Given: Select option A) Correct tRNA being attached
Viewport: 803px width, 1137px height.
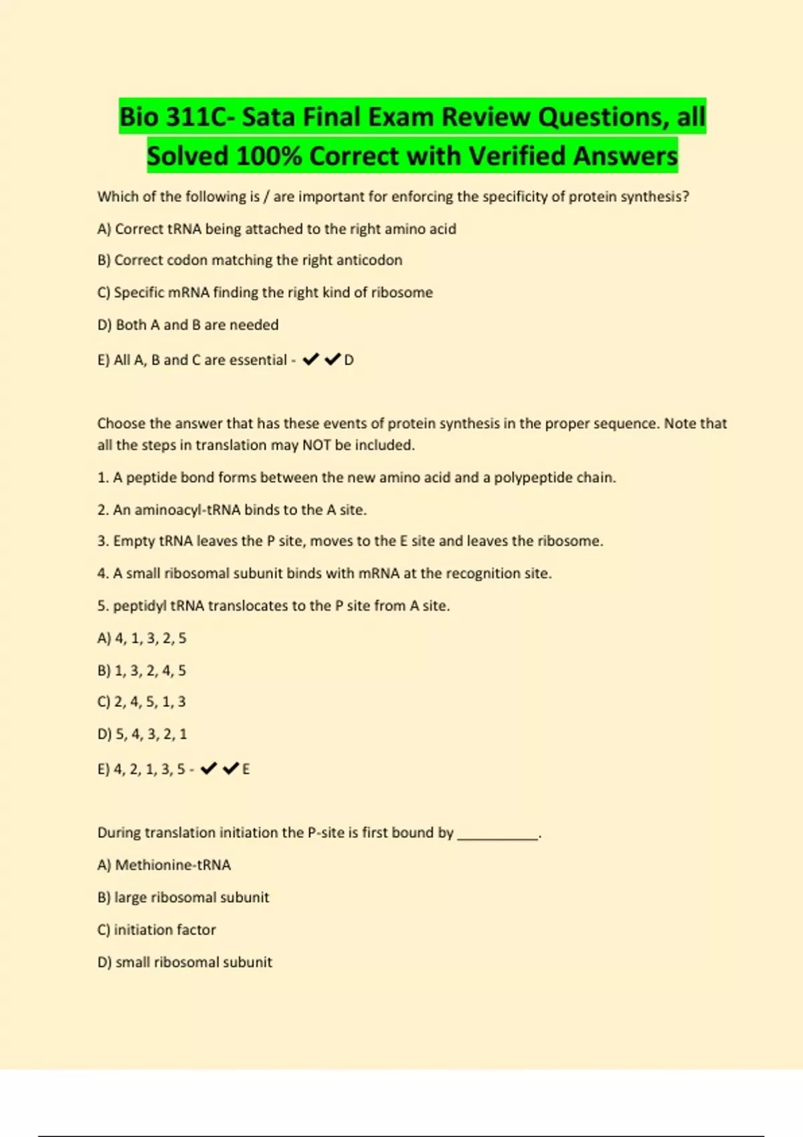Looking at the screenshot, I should click(276, 229).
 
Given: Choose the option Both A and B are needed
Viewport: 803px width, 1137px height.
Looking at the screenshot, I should click(188, 325).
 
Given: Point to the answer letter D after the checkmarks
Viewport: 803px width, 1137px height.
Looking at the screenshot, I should click(349, 360).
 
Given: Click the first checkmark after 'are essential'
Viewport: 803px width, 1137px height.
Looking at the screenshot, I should click(310, 360).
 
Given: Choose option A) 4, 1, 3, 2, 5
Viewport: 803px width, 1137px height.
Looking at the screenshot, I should click(142, 638).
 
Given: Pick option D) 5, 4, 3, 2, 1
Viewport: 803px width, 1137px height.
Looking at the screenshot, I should click(142, 734).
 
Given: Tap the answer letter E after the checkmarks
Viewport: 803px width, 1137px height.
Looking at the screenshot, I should click(246, 769).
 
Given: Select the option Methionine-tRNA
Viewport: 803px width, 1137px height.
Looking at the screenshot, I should click(164, 865).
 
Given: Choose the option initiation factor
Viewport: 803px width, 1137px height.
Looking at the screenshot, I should click(157, 930).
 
